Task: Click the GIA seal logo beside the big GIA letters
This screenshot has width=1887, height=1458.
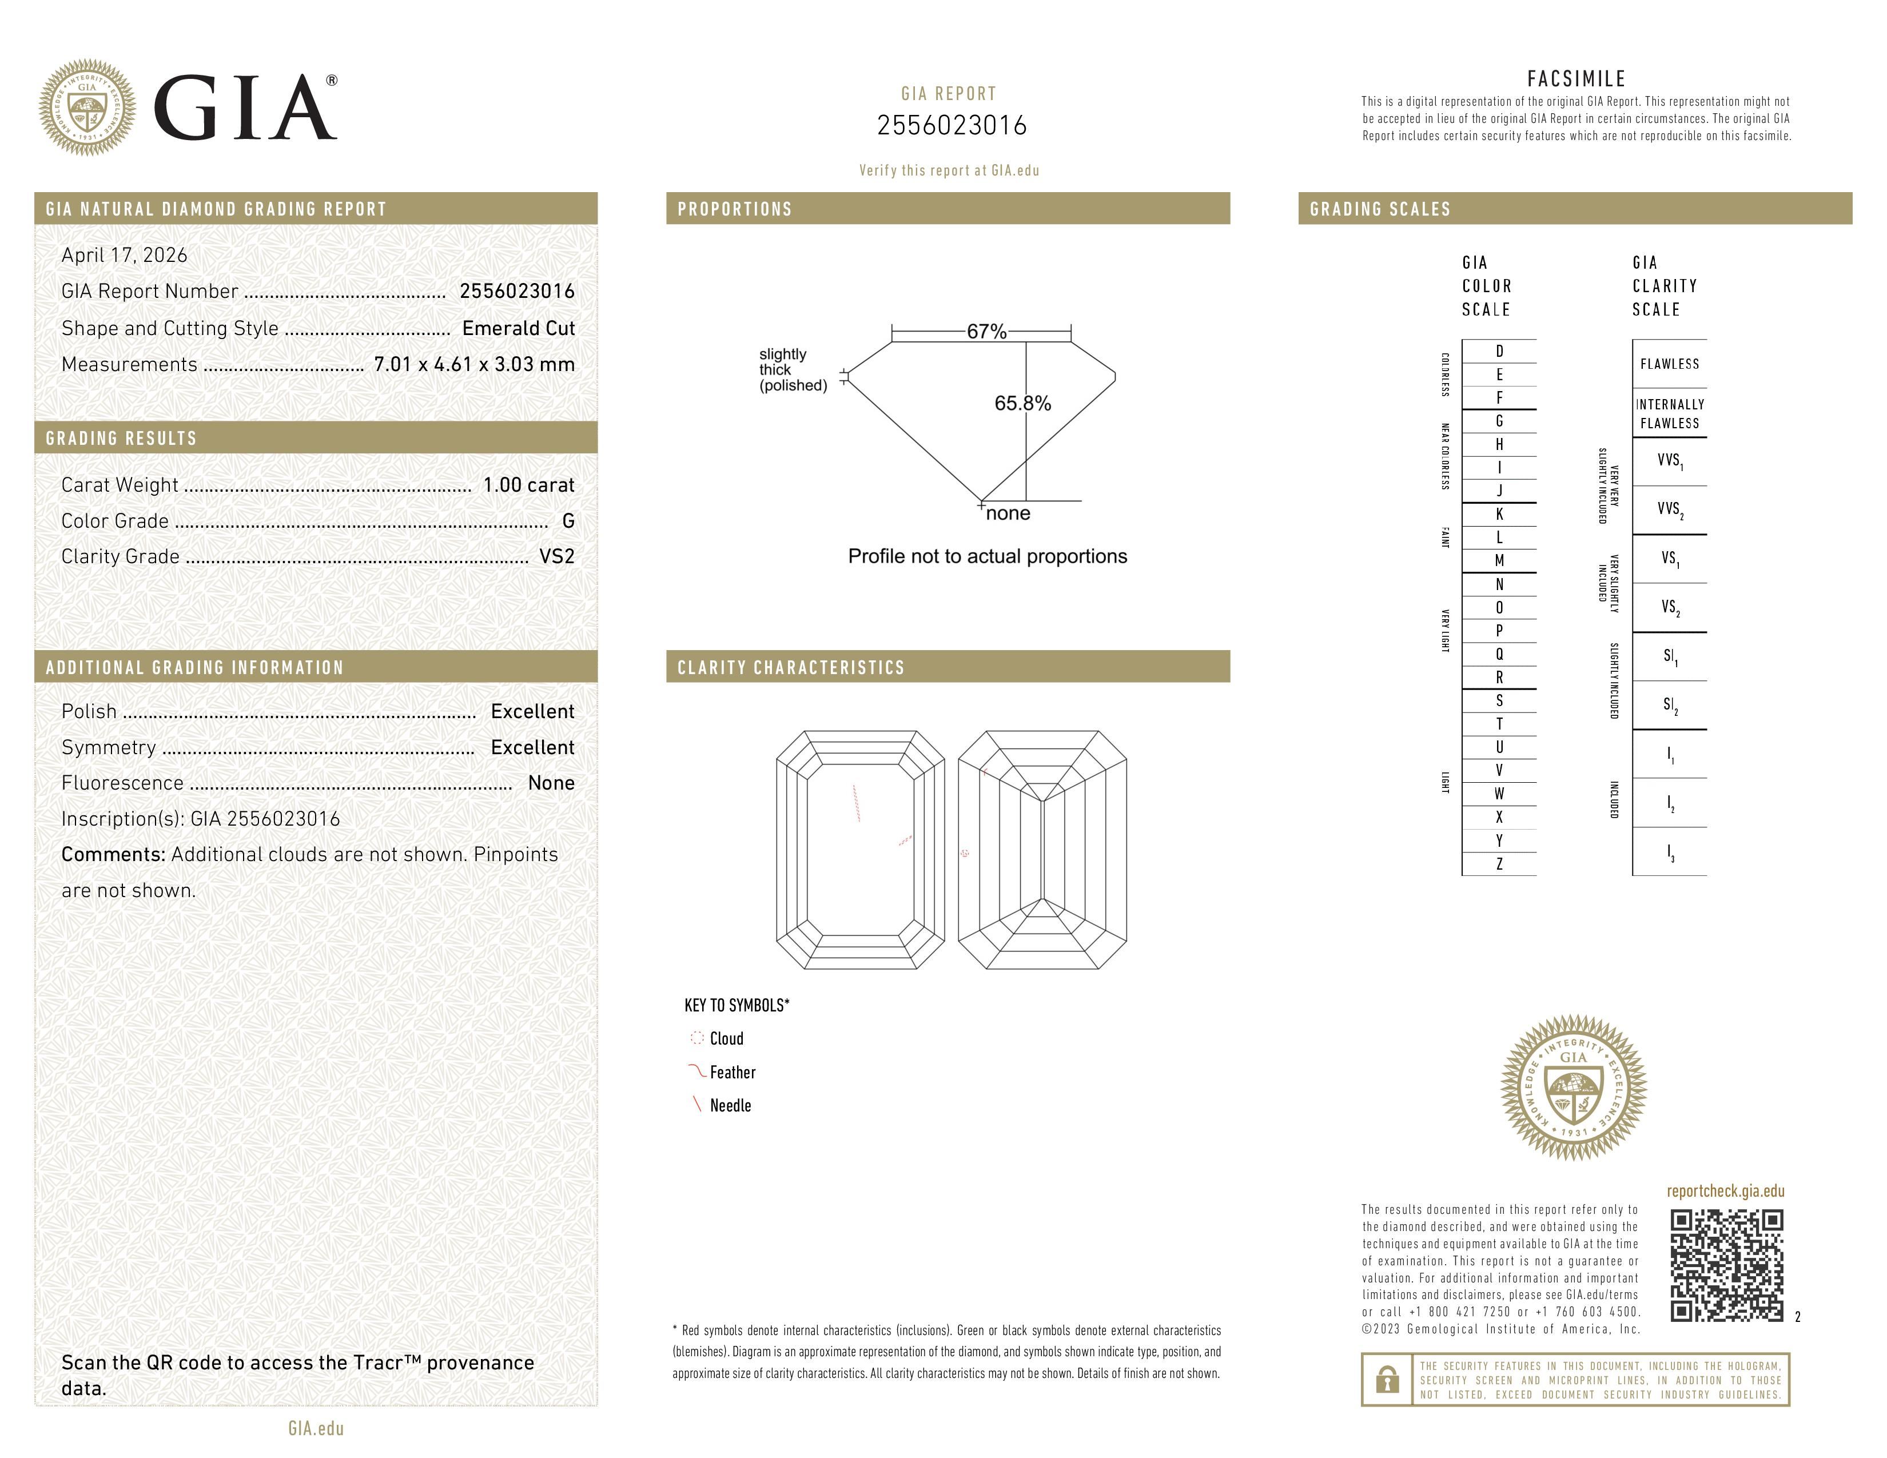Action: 86,108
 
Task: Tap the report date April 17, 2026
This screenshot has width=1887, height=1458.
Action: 124,255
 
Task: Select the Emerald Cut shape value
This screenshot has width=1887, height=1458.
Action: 519,328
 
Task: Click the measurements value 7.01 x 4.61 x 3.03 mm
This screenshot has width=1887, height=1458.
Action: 473,365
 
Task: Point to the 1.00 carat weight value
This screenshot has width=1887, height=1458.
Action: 528,484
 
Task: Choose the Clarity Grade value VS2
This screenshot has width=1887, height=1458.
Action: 556,556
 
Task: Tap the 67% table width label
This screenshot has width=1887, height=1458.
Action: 986,332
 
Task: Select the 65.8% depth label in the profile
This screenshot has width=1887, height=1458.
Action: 1022,403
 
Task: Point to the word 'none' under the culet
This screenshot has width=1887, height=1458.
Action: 1008,513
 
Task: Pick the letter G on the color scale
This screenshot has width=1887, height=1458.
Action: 1499,421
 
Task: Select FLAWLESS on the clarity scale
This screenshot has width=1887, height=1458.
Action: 1669,364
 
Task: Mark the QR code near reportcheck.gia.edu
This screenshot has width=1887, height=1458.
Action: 1726,1265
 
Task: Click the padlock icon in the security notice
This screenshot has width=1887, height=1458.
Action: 1387,1380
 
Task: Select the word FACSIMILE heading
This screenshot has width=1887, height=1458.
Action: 1576,78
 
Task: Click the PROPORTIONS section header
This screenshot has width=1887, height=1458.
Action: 734,209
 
